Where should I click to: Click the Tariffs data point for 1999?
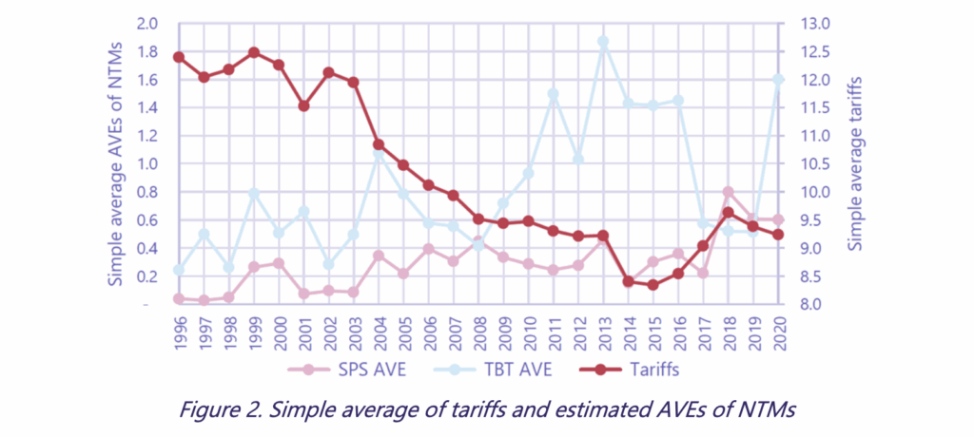(x=254, y=53)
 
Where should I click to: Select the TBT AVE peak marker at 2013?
(x=603, y=42)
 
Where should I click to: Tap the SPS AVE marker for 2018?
(x=728, y=193)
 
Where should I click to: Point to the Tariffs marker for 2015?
(x=653, y=284)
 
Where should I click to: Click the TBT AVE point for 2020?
(x=778, y=80)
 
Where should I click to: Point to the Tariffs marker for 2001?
(x=303, y=106)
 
